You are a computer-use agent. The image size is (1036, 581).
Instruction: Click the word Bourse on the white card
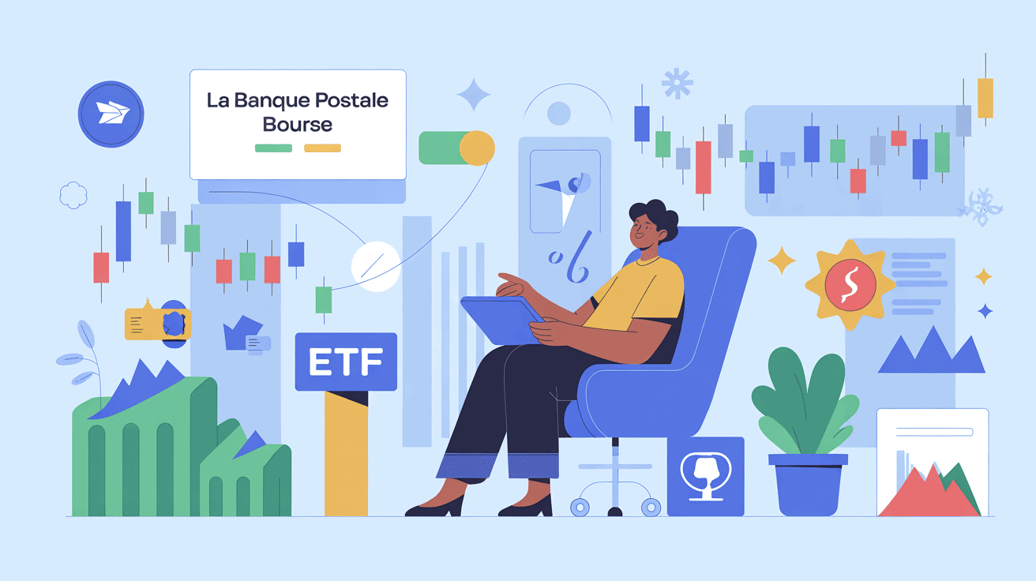pos(298,125)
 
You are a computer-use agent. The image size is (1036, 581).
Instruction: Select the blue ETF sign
pos(344,362)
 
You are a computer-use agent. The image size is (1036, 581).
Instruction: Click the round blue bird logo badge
pos(111,114)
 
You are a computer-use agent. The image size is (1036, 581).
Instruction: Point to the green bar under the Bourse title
pos(273,148)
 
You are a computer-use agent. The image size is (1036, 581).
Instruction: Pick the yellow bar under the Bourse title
pos(322,148)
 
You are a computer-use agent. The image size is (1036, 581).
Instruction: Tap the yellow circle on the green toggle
pos(476,148)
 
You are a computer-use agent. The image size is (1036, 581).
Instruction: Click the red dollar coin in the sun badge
pos(849,284)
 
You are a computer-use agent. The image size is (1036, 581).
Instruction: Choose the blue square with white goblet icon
pos(705,476)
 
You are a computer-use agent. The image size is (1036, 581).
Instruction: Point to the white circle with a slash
pos(376,266)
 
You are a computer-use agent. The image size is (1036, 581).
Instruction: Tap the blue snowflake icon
pos(677,83)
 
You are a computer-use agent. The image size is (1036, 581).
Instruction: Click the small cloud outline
pos(73,194)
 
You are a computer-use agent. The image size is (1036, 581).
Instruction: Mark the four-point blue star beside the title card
pos(474,95)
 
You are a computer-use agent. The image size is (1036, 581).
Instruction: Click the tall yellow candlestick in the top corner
pos(985,96)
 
